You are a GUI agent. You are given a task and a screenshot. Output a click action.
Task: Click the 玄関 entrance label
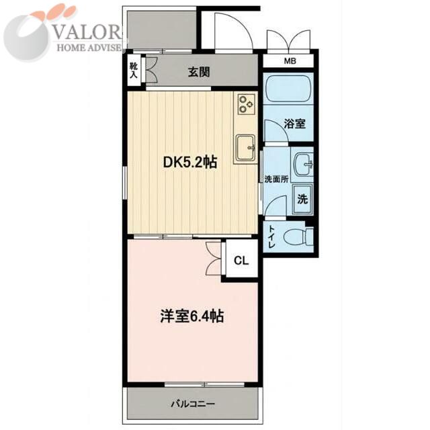coord(199,72)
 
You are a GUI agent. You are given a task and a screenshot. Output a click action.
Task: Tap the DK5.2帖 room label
coord(190,162)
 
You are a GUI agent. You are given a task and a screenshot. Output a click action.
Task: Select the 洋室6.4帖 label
coord(192,316)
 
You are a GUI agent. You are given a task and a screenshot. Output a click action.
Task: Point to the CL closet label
coord(241,261)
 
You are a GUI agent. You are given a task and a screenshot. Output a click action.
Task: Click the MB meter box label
coord(290,61)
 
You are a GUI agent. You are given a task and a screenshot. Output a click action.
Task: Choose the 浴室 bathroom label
coord(295,124)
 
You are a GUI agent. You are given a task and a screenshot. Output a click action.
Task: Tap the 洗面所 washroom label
coord(276,179)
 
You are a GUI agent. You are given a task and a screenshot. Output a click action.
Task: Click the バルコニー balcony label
coord(193,404)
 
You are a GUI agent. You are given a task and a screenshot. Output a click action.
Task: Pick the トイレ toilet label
coord(271,236)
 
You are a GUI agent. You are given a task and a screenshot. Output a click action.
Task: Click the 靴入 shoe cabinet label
coord(134,70)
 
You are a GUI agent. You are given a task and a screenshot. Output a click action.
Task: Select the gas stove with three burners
coord(247,104)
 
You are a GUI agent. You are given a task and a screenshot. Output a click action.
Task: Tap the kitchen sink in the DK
coord(246,148)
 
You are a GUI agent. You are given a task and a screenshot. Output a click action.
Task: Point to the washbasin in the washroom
coord(303,165)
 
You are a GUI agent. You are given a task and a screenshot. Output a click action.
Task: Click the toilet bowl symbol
coord(297,236)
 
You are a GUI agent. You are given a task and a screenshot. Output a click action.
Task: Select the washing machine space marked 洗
coord(302,199)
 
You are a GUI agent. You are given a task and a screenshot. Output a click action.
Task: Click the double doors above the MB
coord(288,40)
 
